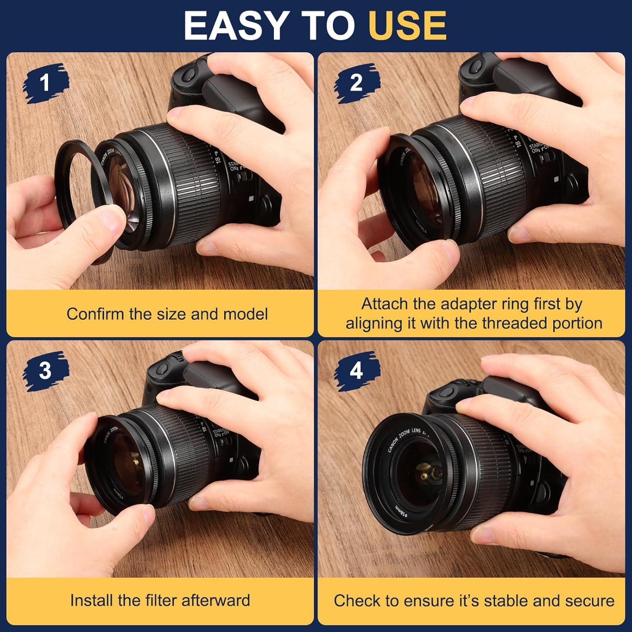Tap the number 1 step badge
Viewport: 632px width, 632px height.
point(45,83)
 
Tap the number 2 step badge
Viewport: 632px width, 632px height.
point(356,83)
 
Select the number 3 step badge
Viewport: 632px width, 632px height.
point(45,371)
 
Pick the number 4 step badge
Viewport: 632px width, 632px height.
point(356,371)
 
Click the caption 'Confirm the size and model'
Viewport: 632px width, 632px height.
point(167,314)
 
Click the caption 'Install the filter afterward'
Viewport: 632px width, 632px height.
point(160,600)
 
